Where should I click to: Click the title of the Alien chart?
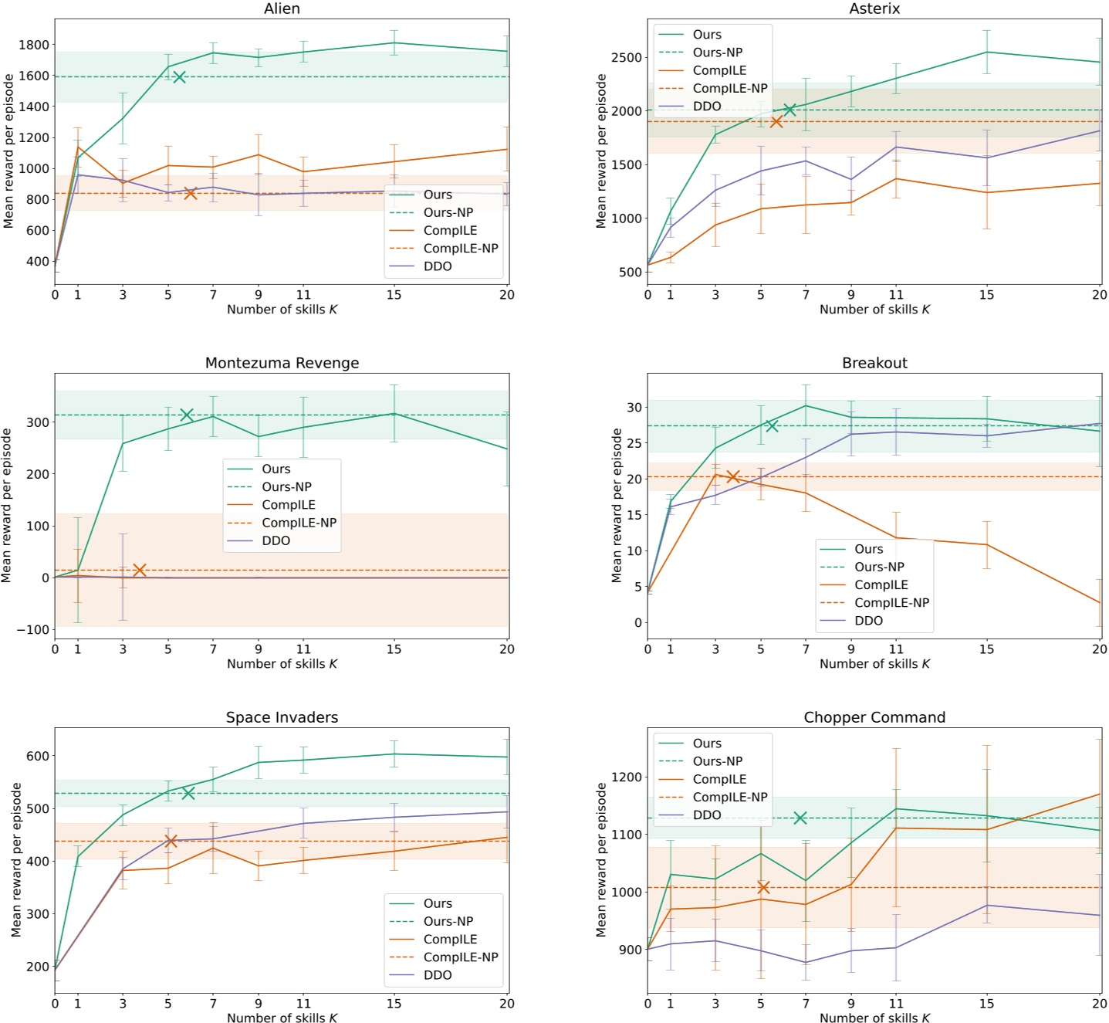(282, 8)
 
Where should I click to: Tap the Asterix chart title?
(874, 8)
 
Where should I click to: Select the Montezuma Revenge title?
(282, 363)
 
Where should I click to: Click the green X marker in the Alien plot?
(179, 76)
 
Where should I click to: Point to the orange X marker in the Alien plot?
(191, 193)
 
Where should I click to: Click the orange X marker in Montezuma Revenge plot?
(140, 570)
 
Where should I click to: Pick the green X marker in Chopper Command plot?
(800, 818)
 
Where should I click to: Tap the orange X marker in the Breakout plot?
(733, 476)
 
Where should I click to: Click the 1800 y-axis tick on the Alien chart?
(34, 45)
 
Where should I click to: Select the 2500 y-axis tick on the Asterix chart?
(626, 58)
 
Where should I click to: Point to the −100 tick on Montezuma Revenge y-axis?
(33, 630)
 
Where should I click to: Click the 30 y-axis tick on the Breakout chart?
(634, 407)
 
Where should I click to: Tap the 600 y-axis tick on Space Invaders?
(38, 756)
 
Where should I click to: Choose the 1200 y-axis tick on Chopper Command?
(626, 777)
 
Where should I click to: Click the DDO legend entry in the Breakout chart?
(868, 621)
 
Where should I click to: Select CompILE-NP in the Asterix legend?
(729, 88)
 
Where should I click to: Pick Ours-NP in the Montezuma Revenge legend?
(286, 486)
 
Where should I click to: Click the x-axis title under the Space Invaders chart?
(282, 1018)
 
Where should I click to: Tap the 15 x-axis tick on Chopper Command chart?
(986, 1004)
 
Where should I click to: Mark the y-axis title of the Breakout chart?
(617, 505)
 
